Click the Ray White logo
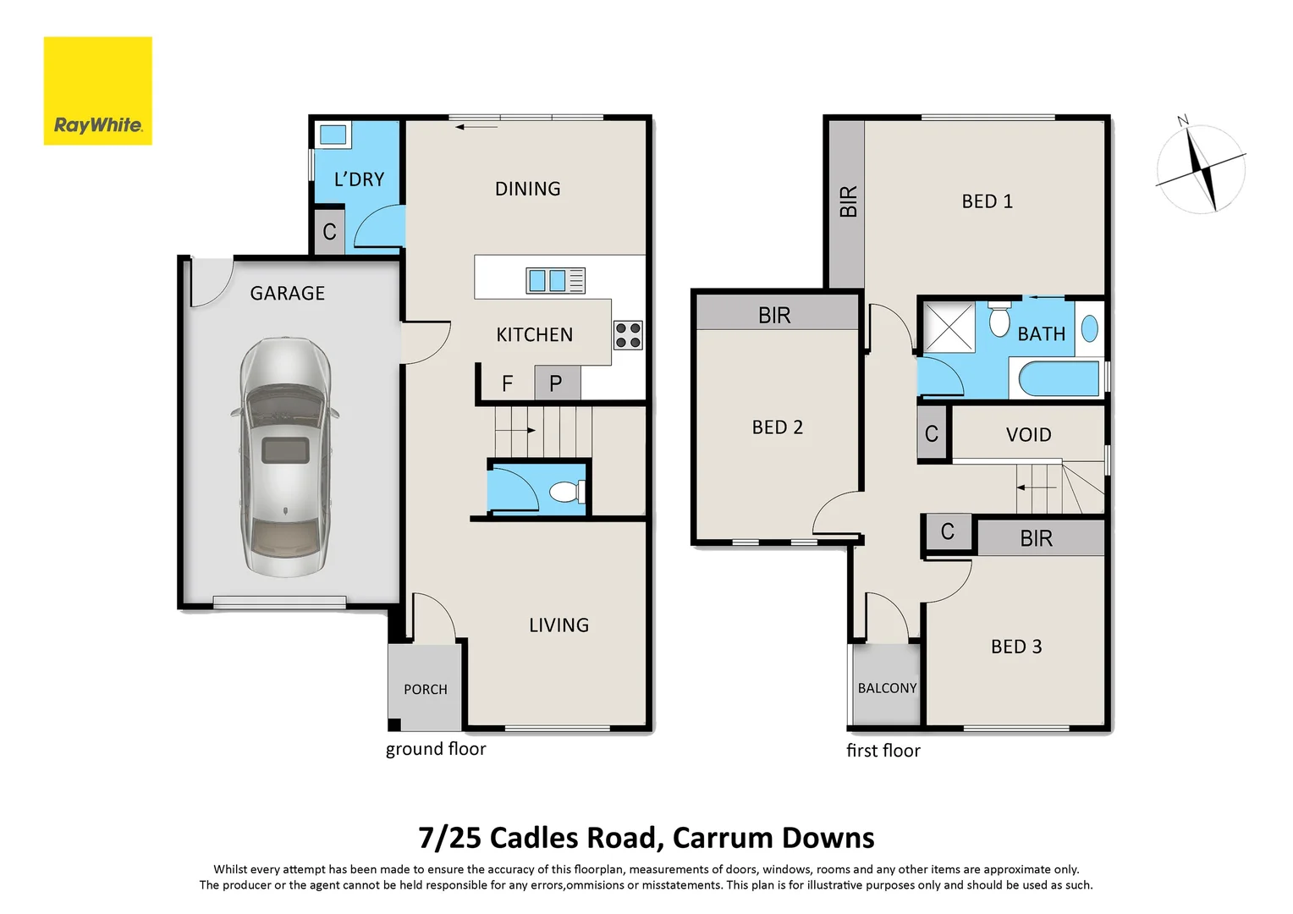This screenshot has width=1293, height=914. tap(97, 91)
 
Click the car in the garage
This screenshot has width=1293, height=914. tap(285, 457)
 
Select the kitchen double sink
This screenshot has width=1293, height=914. tap(547, 280)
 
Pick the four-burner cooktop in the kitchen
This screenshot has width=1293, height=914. tap(628, 335)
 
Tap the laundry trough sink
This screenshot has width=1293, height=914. tap(333, 135)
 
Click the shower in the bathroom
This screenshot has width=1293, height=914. tap(948, 327)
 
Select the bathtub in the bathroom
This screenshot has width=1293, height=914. tap(1058, 378)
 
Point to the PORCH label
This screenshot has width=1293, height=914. tap(425, 690)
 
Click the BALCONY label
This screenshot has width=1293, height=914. tap(887, 688)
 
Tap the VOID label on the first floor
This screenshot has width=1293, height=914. tap(1028, 435)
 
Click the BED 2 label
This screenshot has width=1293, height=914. tap(777, 427)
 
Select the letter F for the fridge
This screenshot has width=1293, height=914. tap(507, 384)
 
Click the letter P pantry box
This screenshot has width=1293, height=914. tap(556, 383)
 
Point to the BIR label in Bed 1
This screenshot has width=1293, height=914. tap(848, 201)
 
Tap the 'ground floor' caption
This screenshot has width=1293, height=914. tap(436, 749)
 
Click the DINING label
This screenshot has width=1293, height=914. tap(527, 189)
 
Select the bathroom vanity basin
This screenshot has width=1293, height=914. tap(1089, 328)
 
